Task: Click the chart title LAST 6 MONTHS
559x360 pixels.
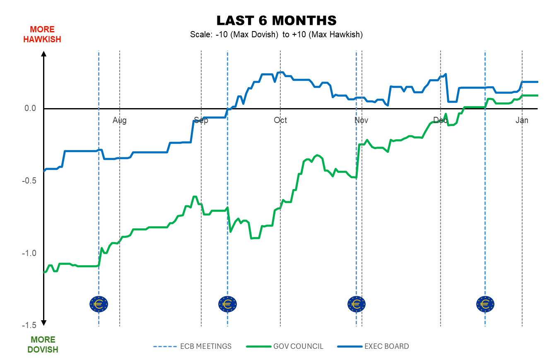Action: [x=276, y=21]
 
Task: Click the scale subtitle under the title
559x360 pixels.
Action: [x=276, y=35]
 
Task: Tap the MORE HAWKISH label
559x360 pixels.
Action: [x=42, y=34]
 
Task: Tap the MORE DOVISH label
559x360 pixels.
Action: [x=43, y=345]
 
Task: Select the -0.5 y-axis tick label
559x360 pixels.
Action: [x=29, y=181]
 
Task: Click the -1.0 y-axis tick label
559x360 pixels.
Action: [x=29, y=254]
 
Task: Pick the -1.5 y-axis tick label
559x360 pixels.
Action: [x=29, y=326]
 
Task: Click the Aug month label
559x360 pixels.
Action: [x=120, y=121]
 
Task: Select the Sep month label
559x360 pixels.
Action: [x=201, y=121]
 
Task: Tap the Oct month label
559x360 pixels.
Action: [x=280, y=121]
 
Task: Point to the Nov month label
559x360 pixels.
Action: [x=361, y=121]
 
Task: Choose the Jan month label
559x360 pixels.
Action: [x=522, y=121]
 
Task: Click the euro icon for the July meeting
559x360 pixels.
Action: [x=99, y=304]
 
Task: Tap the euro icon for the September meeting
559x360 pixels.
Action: [x=227, y=304]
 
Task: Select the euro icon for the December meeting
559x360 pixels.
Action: [x=485, y=304]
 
